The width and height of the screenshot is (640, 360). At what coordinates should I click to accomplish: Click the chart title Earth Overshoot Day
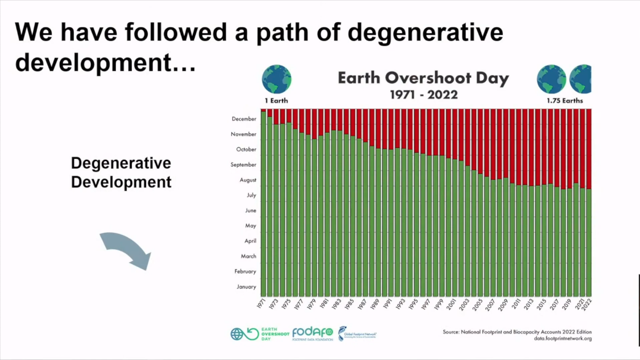point(423,78)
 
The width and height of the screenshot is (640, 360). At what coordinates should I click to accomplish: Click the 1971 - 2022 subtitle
point(423,95)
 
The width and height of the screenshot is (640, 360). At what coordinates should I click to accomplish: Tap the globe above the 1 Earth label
point(277,80)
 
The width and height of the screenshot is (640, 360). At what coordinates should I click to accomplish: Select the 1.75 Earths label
point(564,101)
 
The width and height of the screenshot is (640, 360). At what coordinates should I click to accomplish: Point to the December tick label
point(244,119)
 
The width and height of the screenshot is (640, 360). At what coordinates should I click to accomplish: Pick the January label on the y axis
point(246,286)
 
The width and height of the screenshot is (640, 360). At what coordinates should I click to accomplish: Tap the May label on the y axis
point(250,226)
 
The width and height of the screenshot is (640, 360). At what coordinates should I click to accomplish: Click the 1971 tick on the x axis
point(262,304)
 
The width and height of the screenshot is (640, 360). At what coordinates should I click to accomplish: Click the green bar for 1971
point(264,205)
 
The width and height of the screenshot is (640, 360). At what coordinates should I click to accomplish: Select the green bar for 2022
point(589,243)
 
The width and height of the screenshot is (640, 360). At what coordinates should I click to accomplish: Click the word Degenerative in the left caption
point(121,163)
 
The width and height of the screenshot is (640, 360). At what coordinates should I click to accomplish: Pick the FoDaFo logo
point(313,333)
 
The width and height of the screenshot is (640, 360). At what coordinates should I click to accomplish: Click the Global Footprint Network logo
point(357,333)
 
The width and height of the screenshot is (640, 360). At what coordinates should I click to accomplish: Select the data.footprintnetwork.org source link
point(563,338)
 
